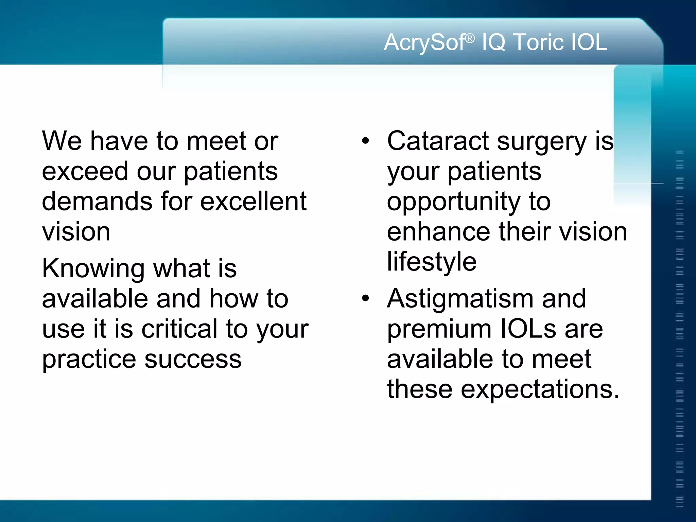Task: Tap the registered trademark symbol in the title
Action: point(470,39)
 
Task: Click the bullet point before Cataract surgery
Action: point(365,141)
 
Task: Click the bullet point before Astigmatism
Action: point(365,299)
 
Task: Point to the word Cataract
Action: point(438,141)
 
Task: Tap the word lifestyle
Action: point(432,262)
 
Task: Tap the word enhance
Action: point(438,232)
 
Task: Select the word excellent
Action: point(253,201)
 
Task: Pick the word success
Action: point(193,360)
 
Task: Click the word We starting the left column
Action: point(62,141)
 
